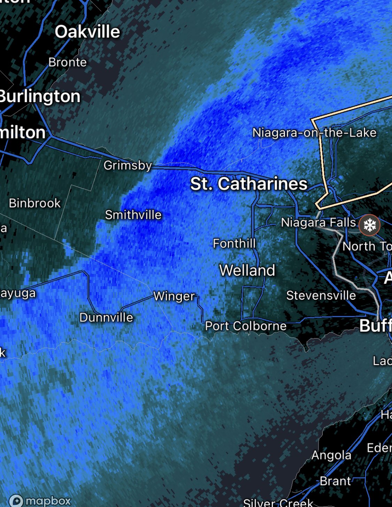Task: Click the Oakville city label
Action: point(87,32)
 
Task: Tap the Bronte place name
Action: point(68,62)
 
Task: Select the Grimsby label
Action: point(128,165)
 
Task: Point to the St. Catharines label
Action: point(249,184)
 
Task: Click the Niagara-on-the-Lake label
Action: point(314,133)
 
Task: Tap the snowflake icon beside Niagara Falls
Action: point(369,225)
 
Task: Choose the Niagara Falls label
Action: point(318,222)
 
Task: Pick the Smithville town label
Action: point(133,215)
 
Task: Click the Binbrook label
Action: point(35,203)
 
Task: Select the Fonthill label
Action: point(235,243)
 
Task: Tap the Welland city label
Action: point(247,270)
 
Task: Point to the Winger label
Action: point(174,296)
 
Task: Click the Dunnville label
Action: point(106,317)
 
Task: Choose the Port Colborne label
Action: point(246,326)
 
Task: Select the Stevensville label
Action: point(321,295)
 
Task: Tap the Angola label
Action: point(331,455)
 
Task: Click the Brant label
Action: point(336,481)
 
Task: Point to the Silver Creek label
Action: point(278,502)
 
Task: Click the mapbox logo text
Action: point(48,501)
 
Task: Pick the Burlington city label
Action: point(40,97)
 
